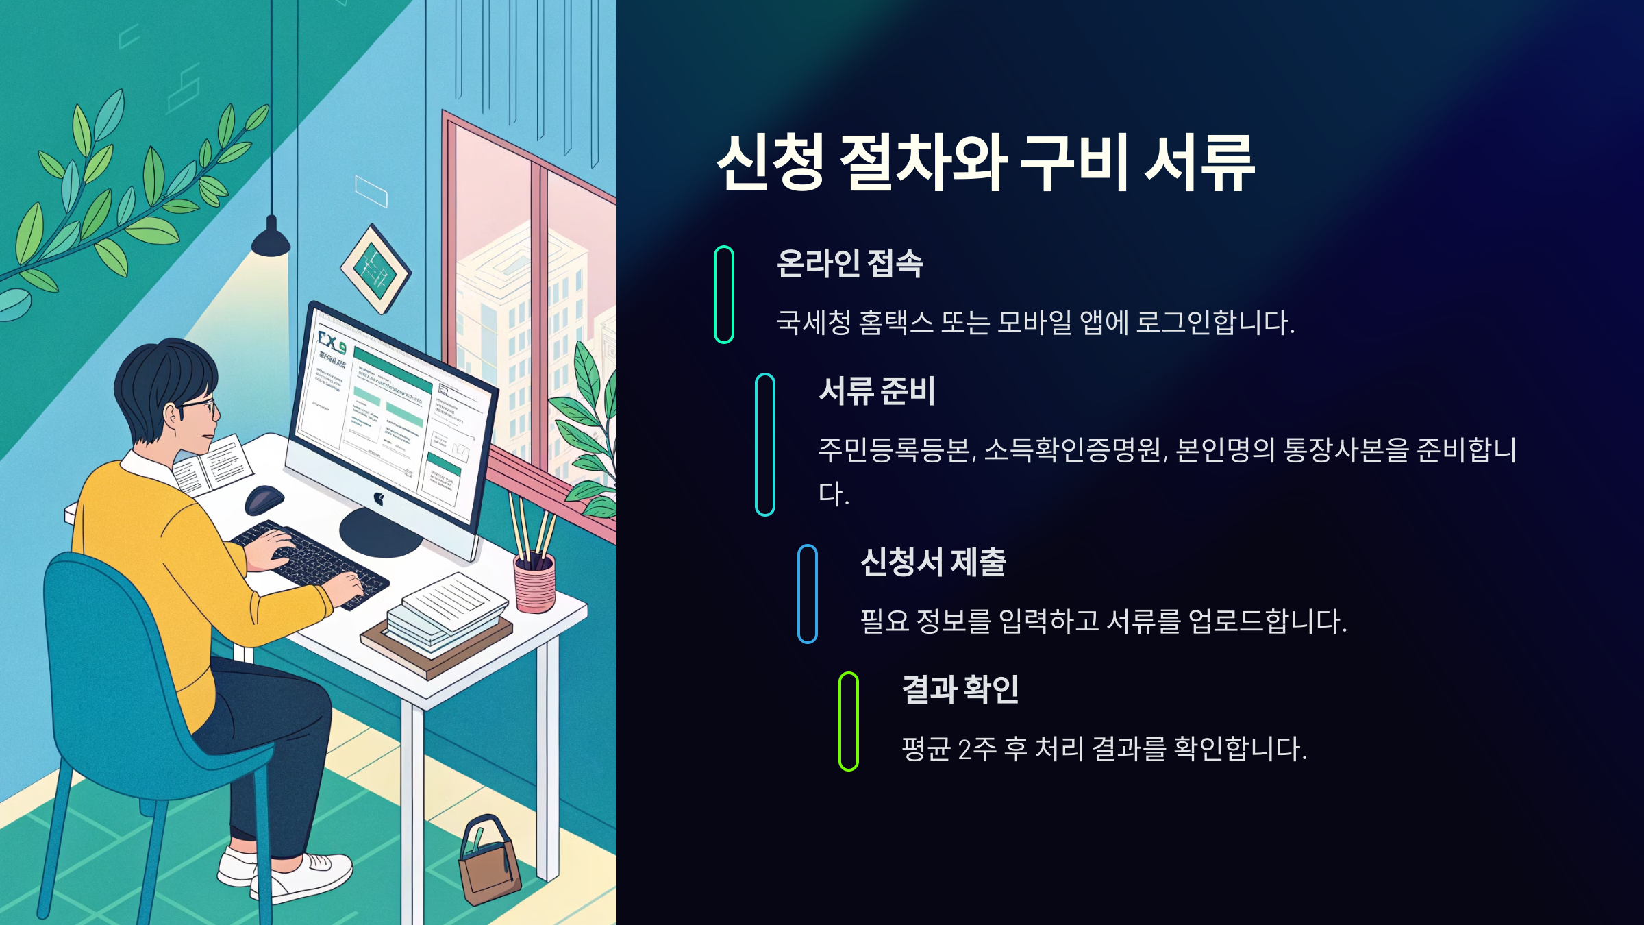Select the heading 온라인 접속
coord(849,263)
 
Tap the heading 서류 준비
coord(876,391)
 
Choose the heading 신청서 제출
coord(932,563)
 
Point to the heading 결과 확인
coord(960,689)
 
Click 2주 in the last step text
coord(977,749)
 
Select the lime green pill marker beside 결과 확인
coord(848,721)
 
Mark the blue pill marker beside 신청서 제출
coord(807,594)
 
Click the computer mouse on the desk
coord(264,499)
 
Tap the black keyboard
coord(312,563)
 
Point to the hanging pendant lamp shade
coord(271,239)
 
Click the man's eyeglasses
coord(199,407)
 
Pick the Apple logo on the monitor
coord(378,499)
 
